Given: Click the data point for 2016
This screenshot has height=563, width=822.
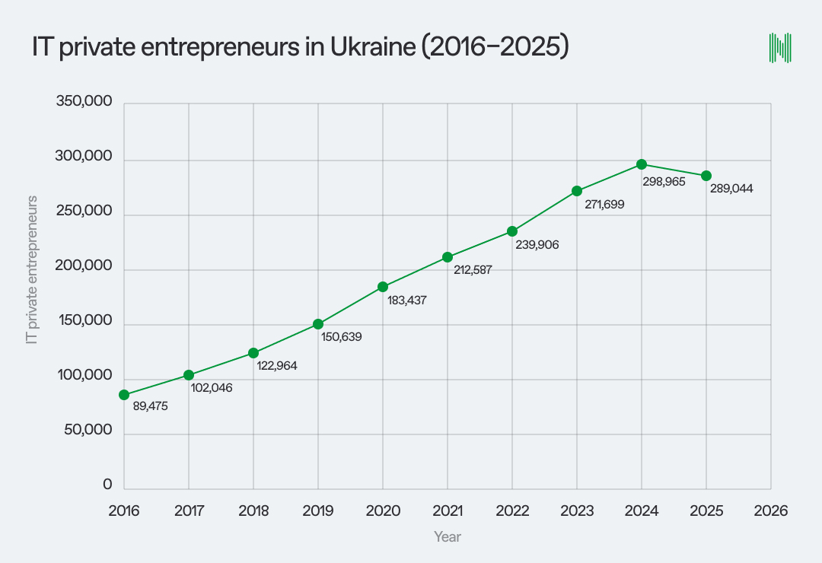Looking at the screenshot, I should (124, 395).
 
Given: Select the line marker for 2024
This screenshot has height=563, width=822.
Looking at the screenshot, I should (642, 164).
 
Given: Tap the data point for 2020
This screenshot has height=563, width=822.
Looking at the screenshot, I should (383, 287).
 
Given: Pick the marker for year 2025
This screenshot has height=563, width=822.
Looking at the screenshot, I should (706, 176).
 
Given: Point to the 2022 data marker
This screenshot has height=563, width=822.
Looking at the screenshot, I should (512, 231).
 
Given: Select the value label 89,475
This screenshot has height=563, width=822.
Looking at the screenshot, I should (150, 407).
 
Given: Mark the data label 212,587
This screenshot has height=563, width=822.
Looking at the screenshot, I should (473, 269).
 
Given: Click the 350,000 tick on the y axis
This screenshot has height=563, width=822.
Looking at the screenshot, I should (84, 103).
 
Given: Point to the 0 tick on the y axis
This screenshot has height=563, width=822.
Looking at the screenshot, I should (107, 485).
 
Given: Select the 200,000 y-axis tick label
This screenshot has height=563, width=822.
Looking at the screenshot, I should (84, 267).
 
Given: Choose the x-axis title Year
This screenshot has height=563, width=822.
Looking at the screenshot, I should (448, 537).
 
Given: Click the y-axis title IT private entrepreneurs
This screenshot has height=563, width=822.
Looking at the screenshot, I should (32, 269).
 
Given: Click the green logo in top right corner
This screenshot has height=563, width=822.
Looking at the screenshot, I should (780, 47).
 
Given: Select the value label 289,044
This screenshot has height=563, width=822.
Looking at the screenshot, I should (731, 189).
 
